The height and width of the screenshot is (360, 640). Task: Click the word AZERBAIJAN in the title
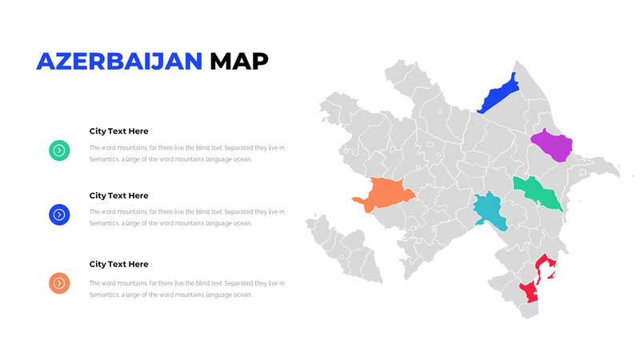(x=119, y=61)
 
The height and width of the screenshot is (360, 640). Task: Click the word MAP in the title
(x=239, y=61)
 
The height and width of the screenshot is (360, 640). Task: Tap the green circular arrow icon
(x=59, y=150)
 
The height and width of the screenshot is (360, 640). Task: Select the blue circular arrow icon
(x=59, y=214)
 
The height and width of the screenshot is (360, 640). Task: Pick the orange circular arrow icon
(x=59, y=282)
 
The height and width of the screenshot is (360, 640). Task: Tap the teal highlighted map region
(x=489, y=210)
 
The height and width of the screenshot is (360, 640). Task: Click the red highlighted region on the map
(x=531, y=290)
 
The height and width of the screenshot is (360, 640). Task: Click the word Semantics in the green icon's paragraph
(x=103, y=159)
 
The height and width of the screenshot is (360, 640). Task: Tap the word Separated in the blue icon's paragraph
(x=239, y=212)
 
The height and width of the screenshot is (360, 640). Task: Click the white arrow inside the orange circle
(x=59, y=282)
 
